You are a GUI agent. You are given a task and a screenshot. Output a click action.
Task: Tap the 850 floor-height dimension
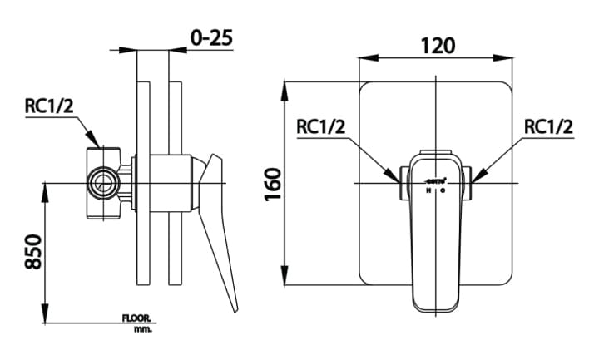pos(32,249)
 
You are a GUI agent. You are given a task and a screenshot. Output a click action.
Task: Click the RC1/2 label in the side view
pos(51,106)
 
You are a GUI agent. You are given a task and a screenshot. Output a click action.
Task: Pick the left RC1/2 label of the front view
pos(321,127)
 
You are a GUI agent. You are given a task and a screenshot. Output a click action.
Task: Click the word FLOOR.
pos(136,318)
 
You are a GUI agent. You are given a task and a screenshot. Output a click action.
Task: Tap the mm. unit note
pos(142,329)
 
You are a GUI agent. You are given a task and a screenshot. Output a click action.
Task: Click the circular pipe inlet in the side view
pos(105,182)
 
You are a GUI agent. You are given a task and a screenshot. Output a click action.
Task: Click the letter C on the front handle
pos(443,190)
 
